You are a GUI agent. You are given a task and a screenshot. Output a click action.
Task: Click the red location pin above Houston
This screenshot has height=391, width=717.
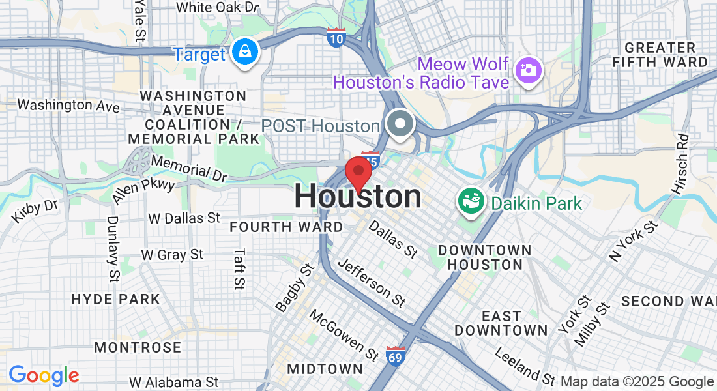pos(358,172)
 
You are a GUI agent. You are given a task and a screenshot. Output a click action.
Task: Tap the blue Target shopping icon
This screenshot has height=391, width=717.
pos(245,53)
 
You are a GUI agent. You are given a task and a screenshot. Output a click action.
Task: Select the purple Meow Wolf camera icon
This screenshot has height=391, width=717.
pos(528,70)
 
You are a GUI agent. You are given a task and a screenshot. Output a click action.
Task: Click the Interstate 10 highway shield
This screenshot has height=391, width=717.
pos(336,38)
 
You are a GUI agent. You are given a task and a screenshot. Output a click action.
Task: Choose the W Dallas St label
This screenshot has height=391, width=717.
pos(184,218)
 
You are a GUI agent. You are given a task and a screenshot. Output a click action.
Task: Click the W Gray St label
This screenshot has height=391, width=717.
pos(172,255)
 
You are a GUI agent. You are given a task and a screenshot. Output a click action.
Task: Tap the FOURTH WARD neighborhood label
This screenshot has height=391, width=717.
pos(286,227)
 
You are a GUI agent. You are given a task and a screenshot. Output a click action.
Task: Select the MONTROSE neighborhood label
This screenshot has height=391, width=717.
pos(138,347)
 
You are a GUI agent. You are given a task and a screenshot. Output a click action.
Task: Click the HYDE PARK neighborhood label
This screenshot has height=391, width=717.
pos(115,300)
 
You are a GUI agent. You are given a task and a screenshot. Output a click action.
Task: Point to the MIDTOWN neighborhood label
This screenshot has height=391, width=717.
pos(325,369)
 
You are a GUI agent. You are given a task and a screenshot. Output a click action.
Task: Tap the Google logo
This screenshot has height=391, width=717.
pos(44,375)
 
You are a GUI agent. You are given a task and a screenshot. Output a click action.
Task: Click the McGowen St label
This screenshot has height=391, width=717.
pos(344,335)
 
